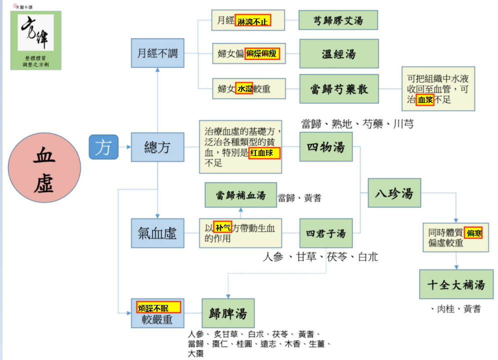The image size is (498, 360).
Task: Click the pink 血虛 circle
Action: (45, 167)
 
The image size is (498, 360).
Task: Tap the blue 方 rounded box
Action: (104, 147)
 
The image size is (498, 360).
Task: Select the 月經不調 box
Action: (158, 53)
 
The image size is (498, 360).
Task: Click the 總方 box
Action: (158, 147)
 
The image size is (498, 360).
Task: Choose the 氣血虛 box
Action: (158, 233)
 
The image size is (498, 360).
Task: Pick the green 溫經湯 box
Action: (339, 53)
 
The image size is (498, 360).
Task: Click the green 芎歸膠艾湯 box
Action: (338, 20)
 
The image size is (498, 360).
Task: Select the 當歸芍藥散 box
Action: (339, 89)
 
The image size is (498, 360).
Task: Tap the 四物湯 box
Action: (326, 147)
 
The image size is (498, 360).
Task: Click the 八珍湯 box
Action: (394, 193)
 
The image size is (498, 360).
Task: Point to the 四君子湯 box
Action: (326, 233)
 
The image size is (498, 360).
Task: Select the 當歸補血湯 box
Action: (241, 195)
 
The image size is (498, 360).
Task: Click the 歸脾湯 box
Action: (228, 313)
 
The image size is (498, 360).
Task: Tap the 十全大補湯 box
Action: (456, 284)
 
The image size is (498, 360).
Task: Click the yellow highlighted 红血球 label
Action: (264, 153)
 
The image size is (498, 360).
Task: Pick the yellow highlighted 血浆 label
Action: (425, 100)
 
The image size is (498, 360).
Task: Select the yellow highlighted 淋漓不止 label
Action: (253, 20)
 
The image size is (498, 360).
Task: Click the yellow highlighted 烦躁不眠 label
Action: (159, 307)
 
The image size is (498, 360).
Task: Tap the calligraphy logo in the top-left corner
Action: (36, 40)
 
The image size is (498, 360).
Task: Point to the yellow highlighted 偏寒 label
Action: (473, 233)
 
